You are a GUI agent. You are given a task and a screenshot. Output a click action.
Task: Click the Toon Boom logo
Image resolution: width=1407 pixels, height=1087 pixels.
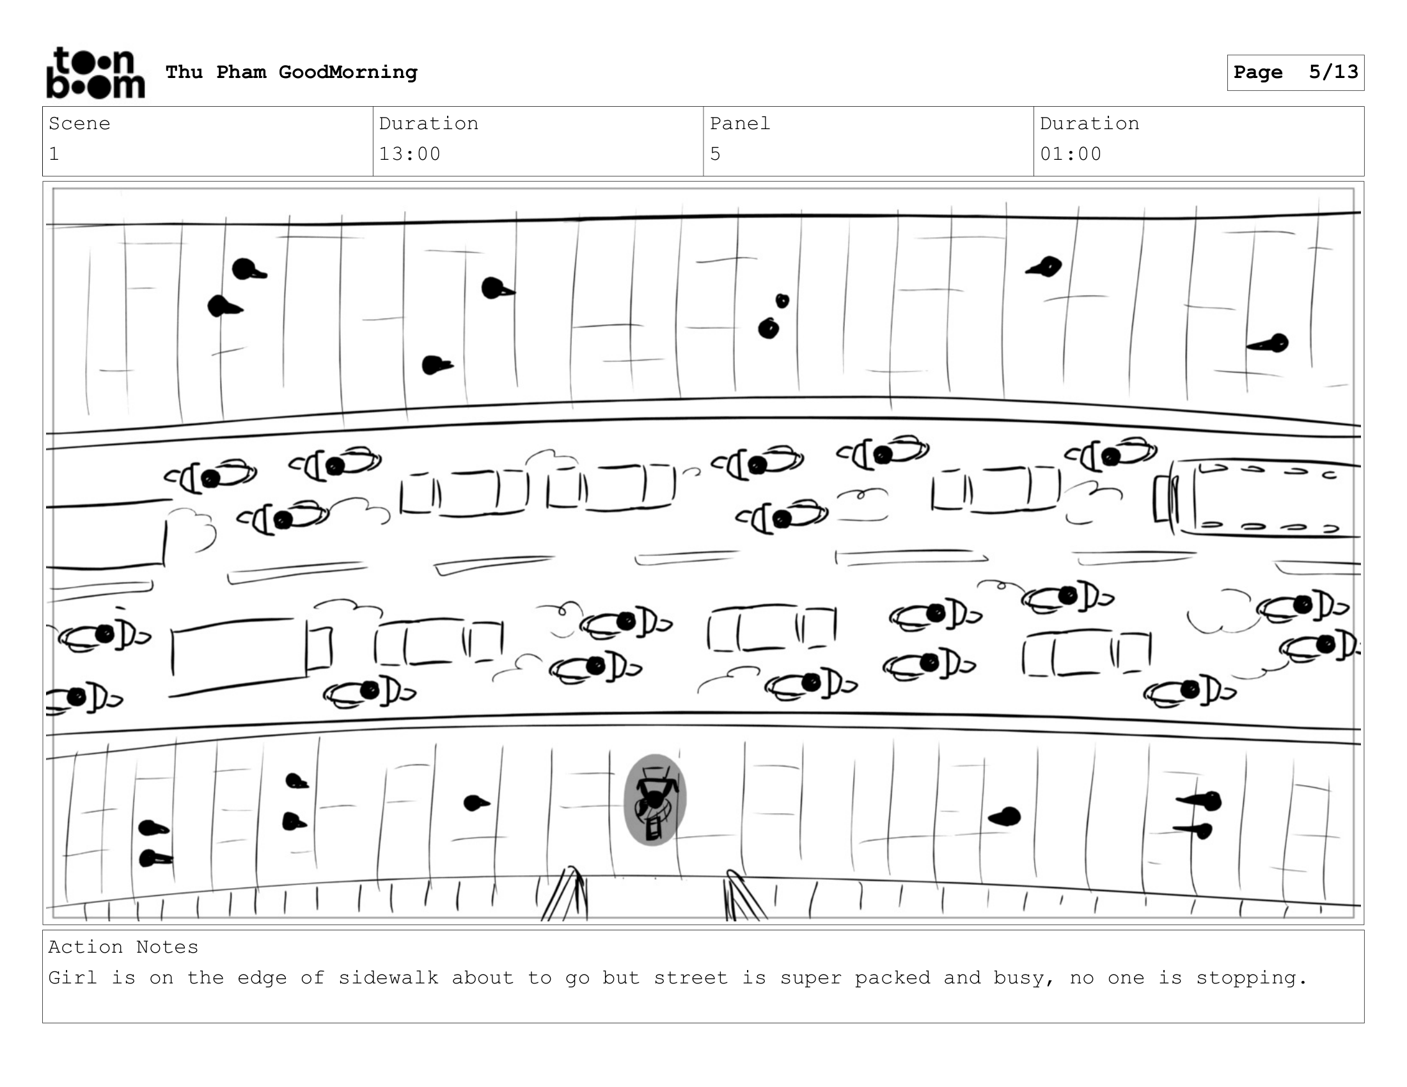[96, 73]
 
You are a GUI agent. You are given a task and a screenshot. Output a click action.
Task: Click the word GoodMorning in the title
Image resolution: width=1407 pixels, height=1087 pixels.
[348, 72]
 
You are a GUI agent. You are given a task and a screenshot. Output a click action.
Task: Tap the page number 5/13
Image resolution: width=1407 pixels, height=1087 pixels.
[1333, 72]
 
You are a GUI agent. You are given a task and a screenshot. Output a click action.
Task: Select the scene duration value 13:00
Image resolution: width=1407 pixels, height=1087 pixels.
[410, 154]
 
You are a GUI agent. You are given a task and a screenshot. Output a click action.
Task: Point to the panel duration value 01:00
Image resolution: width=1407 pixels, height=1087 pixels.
[1071, 154]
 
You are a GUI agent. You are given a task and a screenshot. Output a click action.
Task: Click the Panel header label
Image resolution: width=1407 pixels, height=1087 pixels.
[739, 123]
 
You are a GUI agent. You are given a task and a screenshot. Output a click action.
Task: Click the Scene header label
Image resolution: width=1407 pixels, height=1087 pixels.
[79, 123]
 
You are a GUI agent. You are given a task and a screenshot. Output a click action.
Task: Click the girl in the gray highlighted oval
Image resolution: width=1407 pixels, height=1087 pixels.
[655, 800]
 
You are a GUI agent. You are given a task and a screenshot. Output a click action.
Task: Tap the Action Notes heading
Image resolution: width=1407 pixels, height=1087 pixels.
[123, 946]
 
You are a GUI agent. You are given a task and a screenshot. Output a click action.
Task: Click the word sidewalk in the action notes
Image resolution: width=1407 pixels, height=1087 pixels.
[388, 978]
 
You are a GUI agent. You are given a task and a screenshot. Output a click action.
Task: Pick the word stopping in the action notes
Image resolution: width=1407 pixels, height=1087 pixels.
[1252, 978]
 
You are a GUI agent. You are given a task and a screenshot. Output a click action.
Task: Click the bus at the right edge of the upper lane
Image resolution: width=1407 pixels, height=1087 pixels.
[1256, 497]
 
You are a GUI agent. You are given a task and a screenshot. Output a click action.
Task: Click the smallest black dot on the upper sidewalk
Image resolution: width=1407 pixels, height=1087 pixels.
[782, 301]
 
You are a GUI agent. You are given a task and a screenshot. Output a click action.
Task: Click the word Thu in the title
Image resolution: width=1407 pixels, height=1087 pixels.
[184, 72]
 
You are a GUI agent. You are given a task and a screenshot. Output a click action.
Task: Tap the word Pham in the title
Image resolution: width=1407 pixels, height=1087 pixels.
[241, 72]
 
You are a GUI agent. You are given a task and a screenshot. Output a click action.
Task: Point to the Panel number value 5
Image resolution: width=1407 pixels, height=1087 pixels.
[715, 154]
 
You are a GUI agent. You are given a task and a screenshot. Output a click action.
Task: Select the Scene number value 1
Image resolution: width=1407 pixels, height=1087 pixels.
[54, 154]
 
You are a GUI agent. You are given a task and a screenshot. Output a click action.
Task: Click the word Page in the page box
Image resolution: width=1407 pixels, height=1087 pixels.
[1257, 72]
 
